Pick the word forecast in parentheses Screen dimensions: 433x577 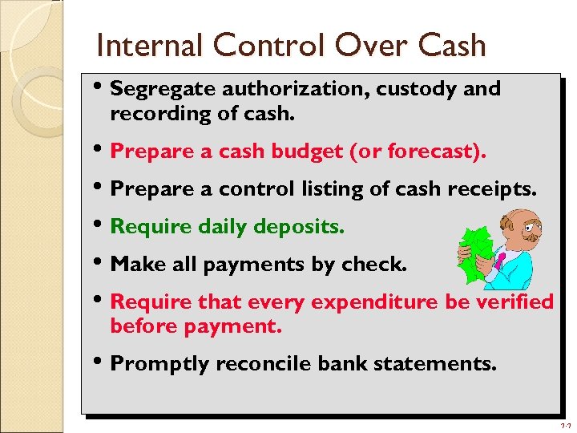(x=434, y=151)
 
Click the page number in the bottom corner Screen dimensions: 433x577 (x=566, y=425)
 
